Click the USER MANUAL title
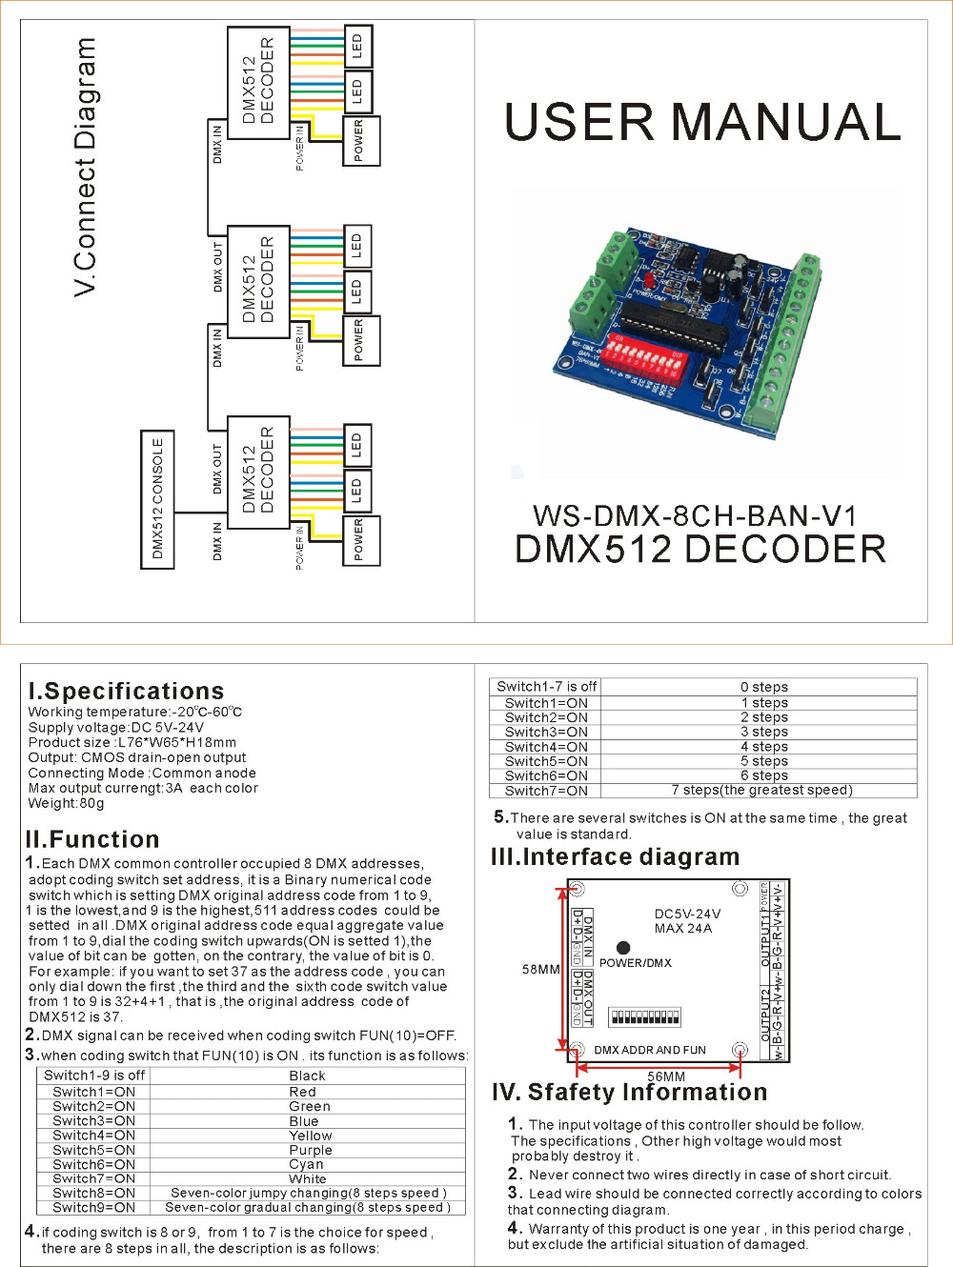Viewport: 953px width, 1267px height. pyautogui.click(x=702, y=122)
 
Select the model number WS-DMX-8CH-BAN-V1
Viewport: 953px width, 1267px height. pyautogui.click(x=695, y=515)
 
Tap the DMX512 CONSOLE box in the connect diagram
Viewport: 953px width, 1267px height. pyautogui.click(x=157, y=499)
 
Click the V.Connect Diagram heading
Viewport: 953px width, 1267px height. pyautogui.click(x=86, y=167)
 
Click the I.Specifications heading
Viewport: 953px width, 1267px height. pyautogui.click(x=126, y=691)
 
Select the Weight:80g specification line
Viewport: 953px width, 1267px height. pyautogui.click(x=66, y=803)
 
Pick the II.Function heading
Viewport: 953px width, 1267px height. pyautogui.click(x=92, y=839)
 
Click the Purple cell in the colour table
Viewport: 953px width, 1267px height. pyautogui.click(x=310, y=1150)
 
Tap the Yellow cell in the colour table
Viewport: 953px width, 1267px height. pyautogui.click(x=310, y=1136)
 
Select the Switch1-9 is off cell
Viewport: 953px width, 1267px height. pyautogui.click(x=94, y=1076)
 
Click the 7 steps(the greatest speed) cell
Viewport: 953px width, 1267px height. pyautogui.click(x=761, y=790)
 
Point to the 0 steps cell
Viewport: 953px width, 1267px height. pyautogui.click(x=763, y=687)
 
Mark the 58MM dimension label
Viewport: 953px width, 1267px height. pyautogui.click(x=540, y=969)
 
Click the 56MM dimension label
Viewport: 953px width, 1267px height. pyautogui.click(x=666, y=1076)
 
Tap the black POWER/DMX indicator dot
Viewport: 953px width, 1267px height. pyautogui.click(x=623, y=947)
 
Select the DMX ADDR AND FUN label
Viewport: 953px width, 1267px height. pyautogui.click(x=650, y=1050)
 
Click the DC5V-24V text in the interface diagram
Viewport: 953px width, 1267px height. pyautogui.click(x=687, y=914)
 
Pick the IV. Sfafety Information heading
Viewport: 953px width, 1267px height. pyautogui.click(x=629, y=1092)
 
